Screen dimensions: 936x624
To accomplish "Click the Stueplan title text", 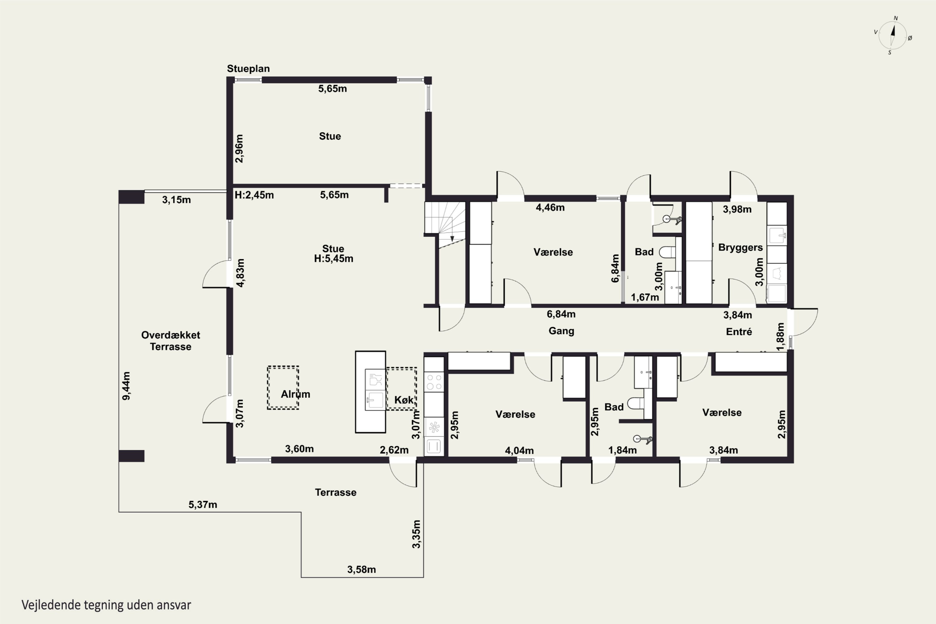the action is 248,68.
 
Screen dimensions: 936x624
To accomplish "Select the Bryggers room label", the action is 740,247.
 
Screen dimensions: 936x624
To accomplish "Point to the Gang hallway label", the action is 561,331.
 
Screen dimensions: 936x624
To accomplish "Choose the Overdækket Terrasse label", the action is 171,341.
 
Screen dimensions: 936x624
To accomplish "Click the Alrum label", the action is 295,394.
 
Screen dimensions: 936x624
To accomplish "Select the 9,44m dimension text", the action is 126,386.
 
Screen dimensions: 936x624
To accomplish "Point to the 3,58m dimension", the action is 361,569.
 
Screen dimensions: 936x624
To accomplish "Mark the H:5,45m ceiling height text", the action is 334,259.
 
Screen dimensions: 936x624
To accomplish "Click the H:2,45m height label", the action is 254,195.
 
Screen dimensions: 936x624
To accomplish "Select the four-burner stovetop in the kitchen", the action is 434,381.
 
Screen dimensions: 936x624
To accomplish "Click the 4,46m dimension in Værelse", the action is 550,207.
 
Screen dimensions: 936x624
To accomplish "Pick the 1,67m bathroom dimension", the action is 645,297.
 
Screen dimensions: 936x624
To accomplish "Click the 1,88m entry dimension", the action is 780,337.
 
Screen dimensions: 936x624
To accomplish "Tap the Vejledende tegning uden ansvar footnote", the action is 106,605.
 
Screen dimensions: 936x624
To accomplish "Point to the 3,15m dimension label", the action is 176,200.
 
